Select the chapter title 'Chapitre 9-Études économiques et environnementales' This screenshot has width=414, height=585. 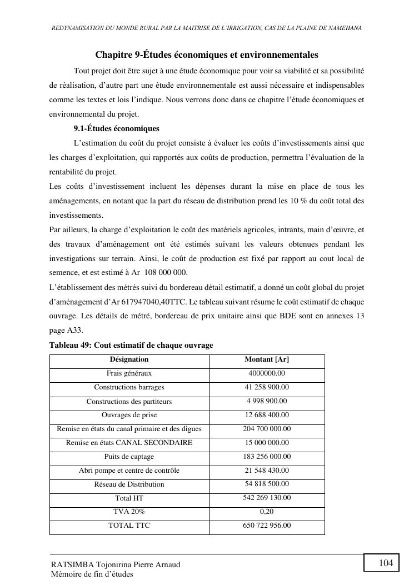[207, 55]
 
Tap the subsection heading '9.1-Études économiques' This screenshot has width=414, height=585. [116, 129]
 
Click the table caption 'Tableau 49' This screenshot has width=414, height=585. [131, 346]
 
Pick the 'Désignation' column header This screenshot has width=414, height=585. [129, 359]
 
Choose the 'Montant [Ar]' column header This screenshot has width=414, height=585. [267, 359]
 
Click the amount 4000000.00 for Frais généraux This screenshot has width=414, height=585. [267, 373]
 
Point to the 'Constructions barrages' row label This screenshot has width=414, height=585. [129, 387]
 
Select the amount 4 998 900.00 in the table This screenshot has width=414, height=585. [267, 401]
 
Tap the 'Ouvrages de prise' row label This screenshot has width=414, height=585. [129, 415]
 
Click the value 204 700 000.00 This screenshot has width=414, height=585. [267, 429]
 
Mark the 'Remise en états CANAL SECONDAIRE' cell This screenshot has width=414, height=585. [129, 443]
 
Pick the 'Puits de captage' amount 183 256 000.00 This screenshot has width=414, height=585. [267, 457]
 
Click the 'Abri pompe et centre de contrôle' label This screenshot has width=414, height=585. [129, 471]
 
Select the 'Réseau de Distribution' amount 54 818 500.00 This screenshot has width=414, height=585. [267, 484]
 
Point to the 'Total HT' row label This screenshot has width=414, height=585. [129, 498]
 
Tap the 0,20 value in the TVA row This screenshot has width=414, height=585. [267, 512]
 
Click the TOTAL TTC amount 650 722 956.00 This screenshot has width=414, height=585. [267, 526]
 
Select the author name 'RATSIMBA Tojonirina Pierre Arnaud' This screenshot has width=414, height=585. [116, 564]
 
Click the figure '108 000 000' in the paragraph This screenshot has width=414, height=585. [166, 273]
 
